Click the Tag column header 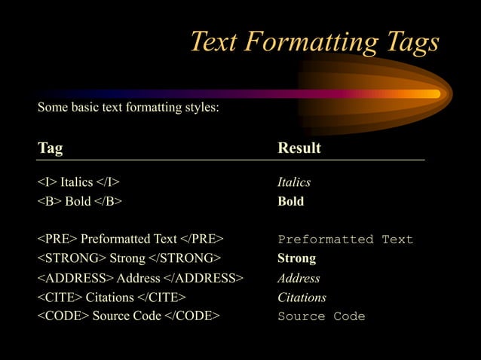pyautogui.click(x=51, y=148)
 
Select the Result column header pyautogui.click(x=299, y=148)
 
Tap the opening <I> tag pyautogui.click(x=47, y=182)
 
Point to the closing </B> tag pyautogui.click(x=109, y=201)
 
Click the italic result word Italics pyautogui.click(x=294, y=182)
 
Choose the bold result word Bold pyautogui.click(x=291, y=201)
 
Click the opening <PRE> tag pyautogui.click(x=57, y=239)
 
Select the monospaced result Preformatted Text pyautogui.click(x=345, y=239)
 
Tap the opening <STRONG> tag pyautogui.click(x=72, y=258)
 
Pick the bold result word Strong pyautogui.click(x=296, y=258)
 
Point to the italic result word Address pyautogui.click(x=299, y=278)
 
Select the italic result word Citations pyautogui.click(x=302, y=297)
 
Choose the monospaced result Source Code pyautogui.click(x=321, y=316)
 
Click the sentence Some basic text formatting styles pyautogui.click(x=128, y=108)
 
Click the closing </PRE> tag pyautogui.click(x=202, y=239)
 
